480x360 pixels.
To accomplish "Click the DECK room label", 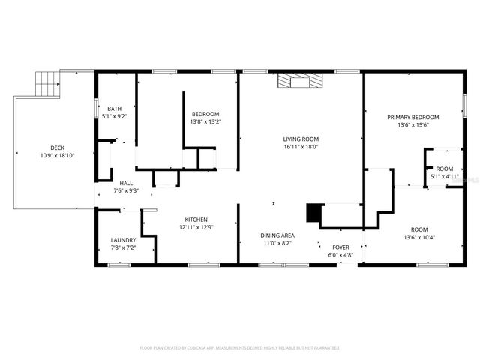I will click(x=57, y=148).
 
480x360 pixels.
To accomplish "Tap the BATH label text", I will click(x=114, y=109).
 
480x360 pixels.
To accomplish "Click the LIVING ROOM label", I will click(x=301, y=139).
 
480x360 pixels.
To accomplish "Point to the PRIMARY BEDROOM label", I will click(x=412, y=118).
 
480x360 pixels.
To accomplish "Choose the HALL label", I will click(x=126, y=183).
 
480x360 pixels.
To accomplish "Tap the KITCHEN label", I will click(x=196, y=220).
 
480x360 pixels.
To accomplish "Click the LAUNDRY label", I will click(x=123, y=240).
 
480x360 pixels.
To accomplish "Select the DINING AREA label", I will click(x=277, y=235).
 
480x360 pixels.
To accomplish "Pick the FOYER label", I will click(x=341, y=247).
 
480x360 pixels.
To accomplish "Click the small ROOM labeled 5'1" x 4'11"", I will click(x=445, y=169).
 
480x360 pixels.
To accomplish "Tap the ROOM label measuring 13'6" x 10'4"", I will click(x=418, y=229).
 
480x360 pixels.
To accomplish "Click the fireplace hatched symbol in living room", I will click(x=301, y=80).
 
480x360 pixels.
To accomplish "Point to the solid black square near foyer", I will click(x=313, y=213).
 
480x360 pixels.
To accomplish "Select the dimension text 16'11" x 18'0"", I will click(x=301, y=147).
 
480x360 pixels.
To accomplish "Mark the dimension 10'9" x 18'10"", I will click(x=57, y=155).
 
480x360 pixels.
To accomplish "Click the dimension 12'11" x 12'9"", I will click(x=196, y=227).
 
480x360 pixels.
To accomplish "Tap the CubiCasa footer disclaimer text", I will click(x=240, y=348).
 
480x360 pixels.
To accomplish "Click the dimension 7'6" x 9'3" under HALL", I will click(x=126, y=190).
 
